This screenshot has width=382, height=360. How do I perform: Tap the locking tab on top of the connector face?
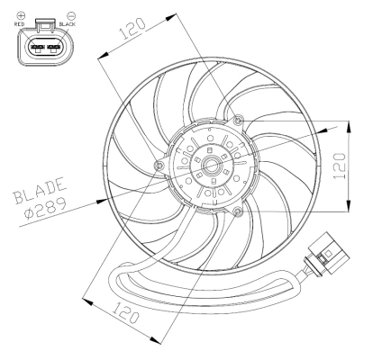tap(46, 31)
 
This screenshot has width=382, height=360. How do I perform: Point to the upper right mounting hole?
tap(236, 121)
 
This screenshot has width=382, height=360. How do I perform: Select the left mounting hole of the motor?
tap(159, 166)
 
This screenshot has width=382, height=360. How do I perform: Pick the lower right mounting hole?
tap(237, 211)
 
